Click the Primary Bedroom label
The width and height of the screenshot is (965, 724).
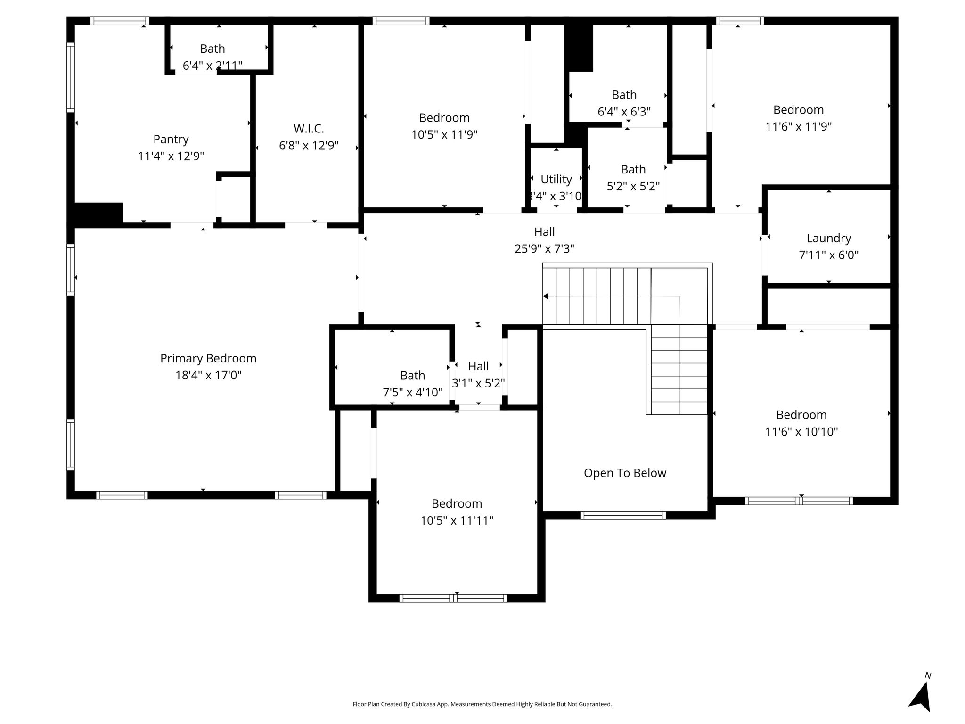pyautogui.click(x=208, y=359)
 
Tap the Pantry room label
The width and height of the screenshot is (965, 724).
pyautogui.click(x=171, y=140)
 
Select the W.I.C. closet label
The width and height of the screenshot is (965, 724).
pyautogui.click(x=309, y=128)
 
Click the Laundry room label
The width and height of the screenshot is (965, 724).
pyautogui.click(x=828, y=239)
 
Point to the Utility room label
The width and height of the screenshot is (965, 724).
pyautogui.click(x=556, y=180)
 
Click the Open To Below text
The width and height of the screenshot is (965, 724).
pyautogui.click(x=625, y=473)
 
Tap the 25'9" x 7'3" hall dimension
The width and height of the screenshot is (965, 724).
pyautogui.click(x=544, y=249)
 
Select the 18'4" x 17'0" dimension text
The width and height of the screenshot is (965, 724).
pyautogui.click(x=208, y=376)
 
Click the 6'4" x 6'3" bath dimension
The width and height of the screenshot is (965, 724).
pyautogui.click(x=624, y=112)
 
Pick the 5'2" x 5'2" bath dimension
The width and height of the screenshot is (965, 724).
pyautogui.click(x=633, y=187)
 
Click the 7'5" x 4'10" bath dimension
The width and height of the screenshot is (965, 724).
pyautogui.click(x=412, y=393)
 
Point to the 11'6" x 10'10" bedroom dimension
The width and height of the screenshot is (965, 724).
pyautogui.click(x=801, y=432)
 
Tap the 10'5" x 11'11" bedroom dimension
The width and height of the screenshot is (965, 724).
pyautogui.click(x=457, y=521)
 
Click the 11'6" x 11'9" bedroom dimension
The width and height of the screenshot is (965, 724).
pyautogui.click(x=798, y=127)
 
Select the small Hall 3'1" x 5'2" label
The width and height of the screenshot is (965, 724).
pyautogui.click(x=478, y=375)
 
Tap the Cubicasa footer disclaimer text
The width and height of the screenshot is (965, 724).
pyautogui.click(x=482, y=704)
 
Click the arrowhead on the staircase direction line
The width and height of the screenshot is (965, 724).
pyautogui.click(x=546, y=296)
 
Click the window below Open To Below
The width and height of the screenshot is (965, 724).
pyautogui.click(x=623, y=516)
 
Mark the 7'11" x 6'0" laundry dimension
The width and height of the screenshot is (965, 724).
pyautogui.click(x=828, y=255)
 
